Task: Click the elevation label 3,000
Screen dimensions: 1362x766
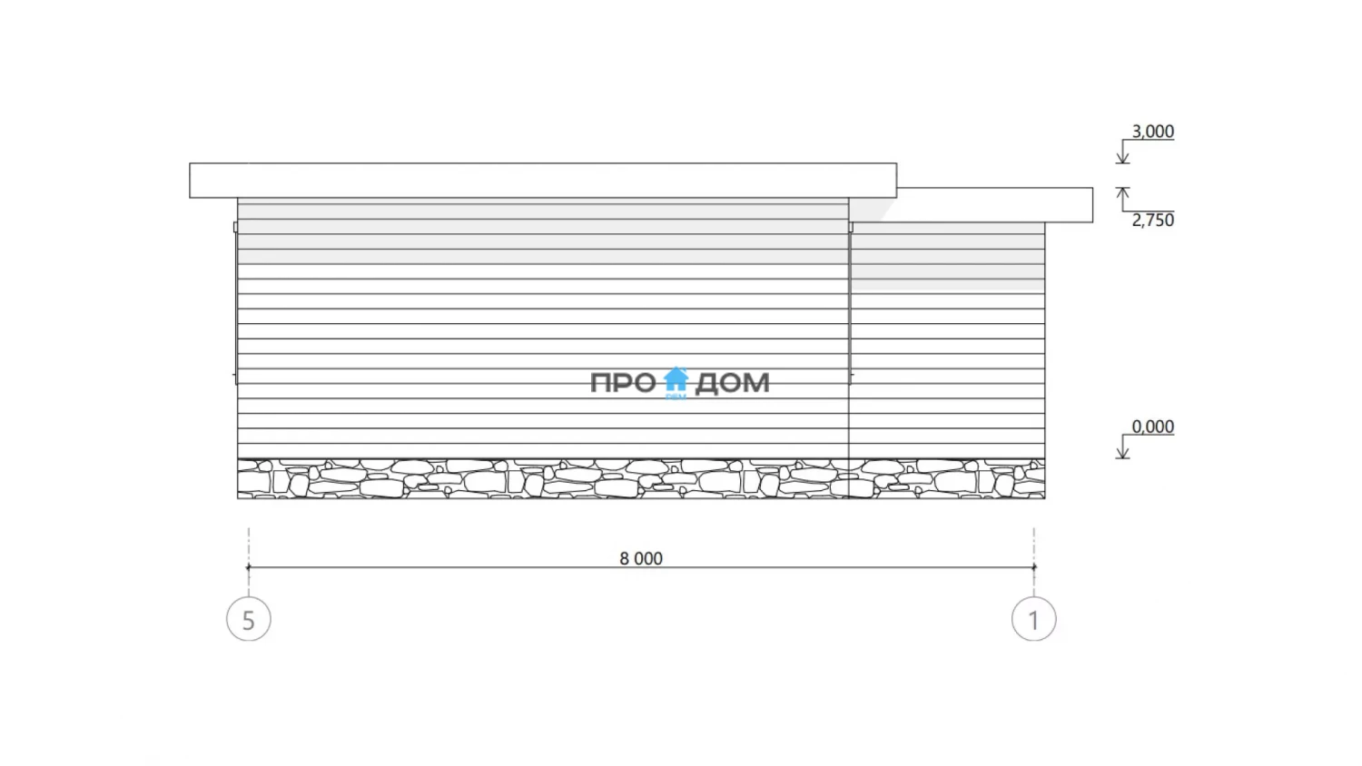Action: click(1152, 132)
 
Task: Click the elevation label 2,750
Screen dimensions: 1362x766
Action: click(1152, 220)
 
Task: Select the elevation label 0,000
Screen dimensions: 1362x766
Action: click(1152, 427)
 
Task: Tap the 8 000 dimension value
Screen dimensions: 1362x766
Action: click(641, 558)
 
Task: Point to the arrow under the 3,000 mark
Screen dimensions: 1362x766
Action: click(1122, 152)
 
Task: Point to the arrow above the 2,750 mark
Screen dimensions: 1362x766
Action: click(1122, 199)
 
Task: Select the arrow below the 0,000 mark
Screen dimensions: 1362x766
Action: click(1122, 447)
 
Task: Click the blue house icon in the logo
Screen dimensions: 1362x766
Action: click(676, 380)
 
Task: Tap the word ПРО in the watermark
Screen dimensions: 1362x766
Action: click(624, 383)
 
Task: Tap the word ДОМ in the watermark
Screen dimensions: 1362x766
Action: click(732, 384)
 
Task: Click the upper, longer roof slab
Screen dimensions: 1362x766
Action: click(543, 180)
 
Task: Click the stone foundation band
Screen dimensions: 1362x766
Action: click(641, 479)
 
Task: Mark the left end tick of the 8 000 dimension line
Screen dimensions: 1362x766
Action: click(248, 568)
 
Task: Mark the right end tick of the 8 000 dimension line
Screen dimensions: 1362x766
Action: click(1033, 568)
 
